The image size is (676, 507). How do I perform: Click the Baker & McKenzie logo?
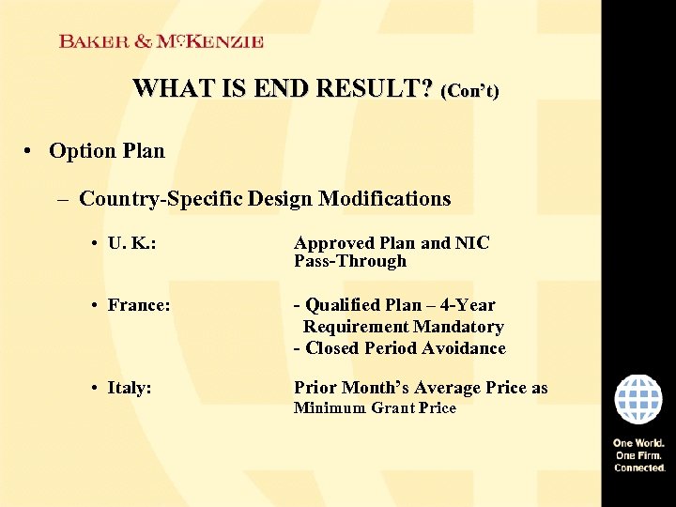(161, 41)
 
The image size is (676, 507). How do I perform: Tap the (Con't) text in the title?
(469, 91)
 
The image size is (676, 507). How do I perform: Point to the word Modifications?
(384, 199)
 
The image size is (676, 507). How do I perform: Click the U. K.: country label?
(131, 244)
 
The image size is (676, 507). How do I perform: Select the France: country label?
(139, 305)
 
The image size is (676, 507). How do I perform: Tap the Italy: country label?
(130, 388)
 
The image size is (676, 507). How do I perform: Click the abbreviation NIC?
(473, 243)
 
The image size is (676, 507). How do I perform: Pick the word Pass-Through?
(350, 261)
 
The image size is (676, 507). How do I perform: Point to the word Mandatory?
(457, 327)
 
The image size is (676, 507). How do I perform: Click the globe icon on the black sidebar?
(638, 399)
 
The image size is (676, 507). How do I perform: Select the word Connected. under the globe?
(639, 468)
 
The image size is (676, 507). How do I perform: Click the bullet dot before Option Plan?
(31, 151)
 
